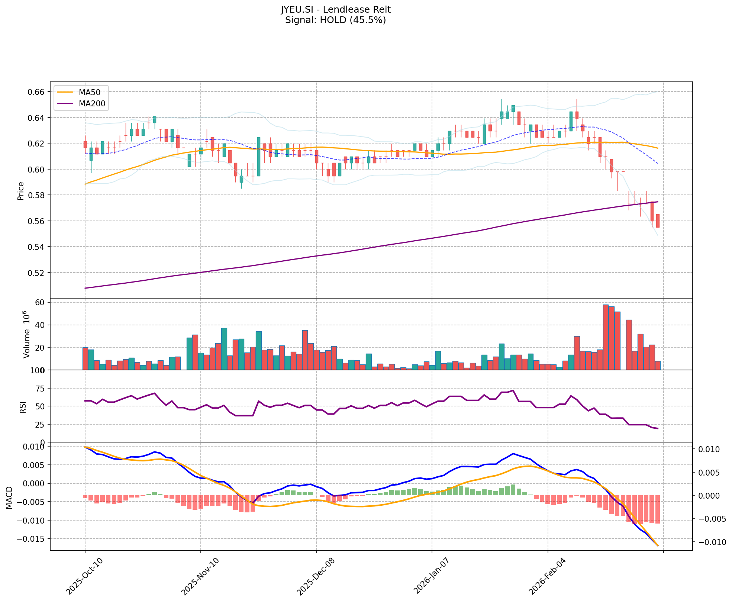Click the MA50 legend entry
[89, 92]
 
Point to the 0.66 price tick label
[37, 92]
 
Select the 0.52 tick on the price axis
[37, 273]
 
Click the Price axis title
[21, 191]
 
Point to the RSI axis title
[23, 407]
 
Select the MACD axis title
[9, 497]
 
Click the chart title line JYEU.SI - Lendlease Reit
[335, 9]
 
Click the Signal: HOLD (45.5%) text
[335, 20]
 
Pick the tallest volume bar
[606, 337]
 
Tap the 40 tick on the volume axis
[40, 325]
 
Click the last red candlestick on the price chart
[658, 221]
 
